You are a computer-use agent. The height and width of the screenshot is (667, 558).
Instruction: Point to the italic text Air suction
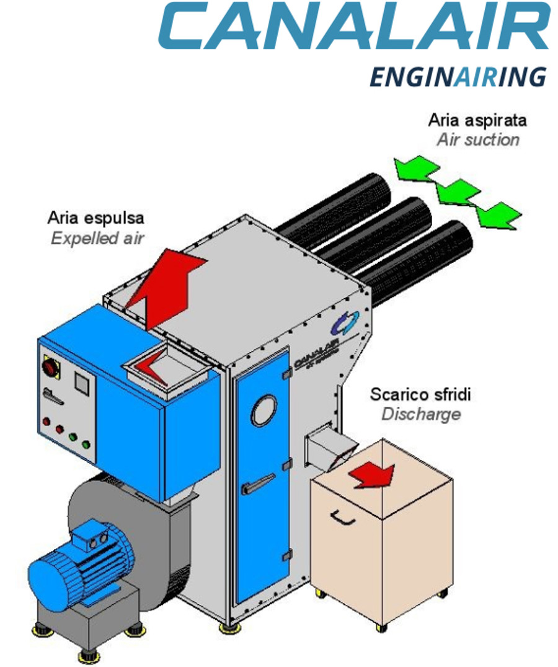(x=478, y=139)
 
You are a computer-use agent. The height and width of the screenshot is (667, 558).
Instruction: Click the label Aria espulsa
(x=96, y=218)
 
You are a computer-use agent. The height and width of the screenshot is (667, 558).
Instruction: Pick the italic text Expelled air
(x=97, y=238)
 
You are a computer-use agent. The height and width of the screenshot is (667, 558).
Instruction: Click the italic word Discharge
(x=420, y=414)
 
